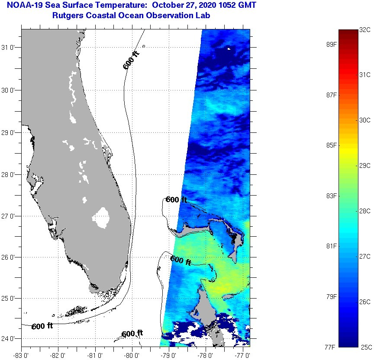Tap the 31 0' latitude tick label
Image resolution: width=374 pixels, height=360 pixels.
[10, 47]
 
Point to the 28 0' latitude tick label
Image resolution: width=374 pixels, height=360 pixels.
[10, 174]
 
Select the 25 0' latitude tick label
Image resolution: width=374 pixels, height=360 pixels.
[10, 298]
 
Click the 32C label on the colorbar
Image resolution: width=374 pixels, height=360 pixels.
[365, 29]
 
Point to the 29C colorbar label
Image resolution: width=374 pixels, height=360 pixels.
[365, 165]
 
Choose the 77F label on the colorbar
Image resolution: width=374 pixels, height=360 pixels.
[331, 347]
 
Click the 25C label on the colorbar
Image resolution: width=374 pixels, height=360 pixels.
[365, 347]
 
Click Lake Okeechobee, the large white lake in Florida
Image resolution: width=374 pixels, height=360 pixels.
[102, 217]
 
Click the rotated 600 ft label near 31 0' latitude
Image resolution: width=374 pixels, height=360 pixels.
[131, 61]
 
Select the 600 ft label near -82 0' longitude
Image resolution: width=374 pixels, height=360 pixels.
[42, 326]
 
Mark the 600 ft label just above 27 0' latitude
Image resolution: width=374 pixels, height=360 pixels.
[176, 200]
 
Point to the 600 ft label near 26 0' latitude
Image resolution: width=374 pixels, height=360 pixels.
[181, 260]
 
